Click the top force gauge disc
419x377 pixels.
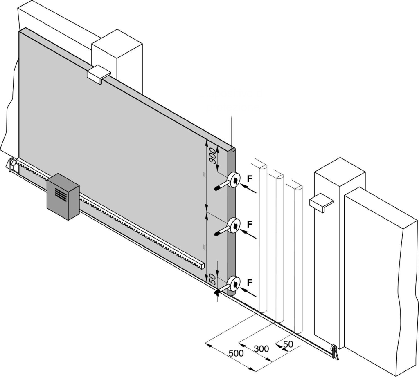[234, 180]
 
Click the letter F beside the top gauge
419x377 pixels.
[250, 178]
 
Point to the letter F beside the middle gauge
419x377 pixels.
[250, 224]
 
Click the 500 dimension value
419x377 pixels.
[236, 353]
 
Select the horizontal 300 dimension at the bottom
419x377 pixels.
[261, 349]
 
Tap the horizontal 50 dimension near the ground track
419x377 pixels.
[288, 344]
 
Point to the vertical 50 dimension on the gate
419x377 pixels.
[212, 280]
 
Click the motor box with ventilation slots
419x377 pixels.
[63, 197]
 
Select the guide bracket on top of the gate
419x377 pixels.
[99, 74]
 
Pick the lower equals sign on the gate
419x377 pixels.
[203, 246]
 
